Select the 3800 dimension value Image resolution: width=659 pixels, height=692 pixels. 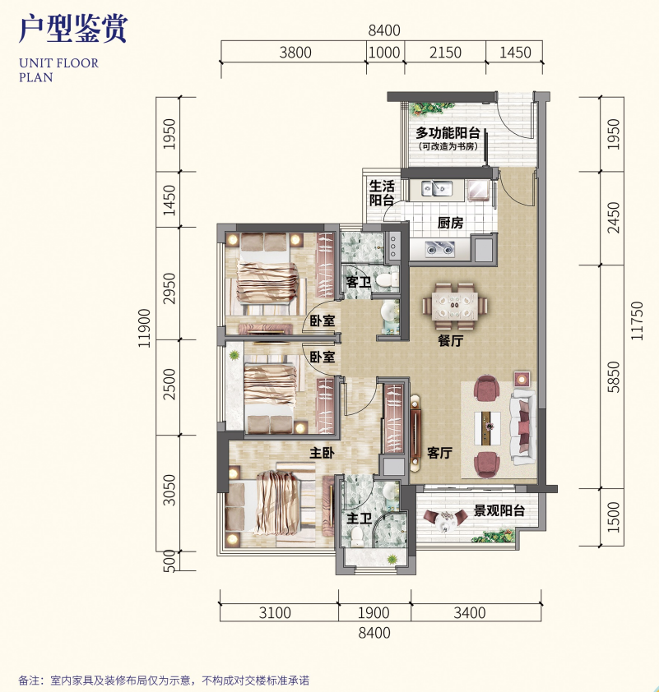295,53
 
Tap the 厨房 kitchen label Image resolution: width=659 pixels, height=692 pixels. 450,223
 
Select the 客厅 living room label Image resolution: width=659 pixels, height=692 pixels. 440,453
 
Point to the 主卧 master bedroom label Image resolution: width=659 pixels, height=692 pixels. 321,452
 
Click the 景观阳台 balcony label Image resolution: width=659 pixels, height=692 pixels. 499,511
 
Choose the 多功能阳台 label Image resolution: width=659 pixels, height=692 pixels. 448,133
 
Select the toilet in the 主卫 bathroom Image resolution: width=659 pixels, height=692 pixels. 358,535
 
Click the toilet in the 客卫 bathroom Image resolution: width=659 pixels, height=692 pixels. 384,281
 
